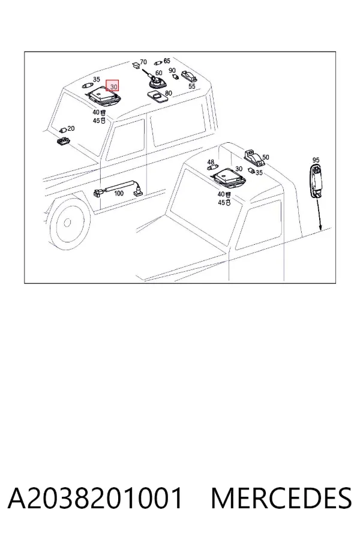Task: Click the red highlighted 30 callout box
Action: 112,86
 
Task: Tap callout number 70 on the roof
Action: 143,62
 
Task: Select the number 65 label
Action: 167,61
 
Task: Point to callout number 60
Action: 158,73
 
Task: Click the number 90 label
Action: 172,71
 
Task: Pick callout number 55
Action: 192,86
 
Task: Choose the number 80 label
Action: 169,94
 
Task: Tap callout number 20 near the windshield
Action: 71,128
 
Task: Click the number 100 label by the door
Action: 119,193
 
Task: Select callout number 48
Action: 211,162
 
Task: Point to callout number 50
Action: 265,157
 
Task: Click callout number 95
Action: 316,160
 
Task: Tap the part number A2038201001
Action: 95,498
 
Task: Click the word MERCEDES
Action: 281,498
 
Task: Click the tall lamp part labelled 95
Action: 315,181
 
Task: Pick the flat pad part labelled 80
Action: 157,97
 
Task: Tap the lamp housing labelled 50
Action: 253,158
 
